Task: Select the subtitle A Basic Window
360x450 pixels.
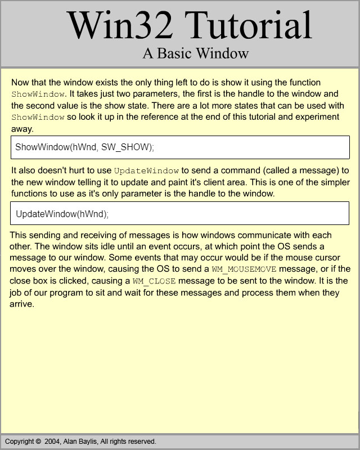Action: point(195,53)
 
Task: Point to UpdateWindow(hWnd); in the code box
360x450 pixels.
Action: point(62,214)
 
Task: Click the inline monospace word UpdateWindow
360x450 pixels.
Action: point(146,170)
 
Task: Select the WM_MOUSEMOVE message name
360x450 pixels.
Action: point(244,269)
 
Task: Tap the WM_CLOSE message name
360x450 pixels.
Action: point(154,281)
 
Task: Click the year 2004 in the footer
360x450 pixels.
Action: point(53,442)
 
